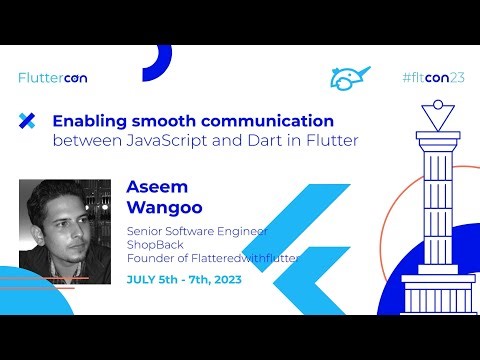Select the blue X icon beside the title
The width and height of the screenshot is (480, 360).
point(27,121)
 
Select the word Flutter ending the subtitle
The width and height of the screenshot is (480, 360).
point(329,141)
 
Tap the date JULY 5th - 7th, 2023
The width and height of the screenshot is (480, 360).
point(184,279)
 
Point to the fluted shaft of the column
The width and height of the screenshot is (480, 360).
point(433,200)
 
